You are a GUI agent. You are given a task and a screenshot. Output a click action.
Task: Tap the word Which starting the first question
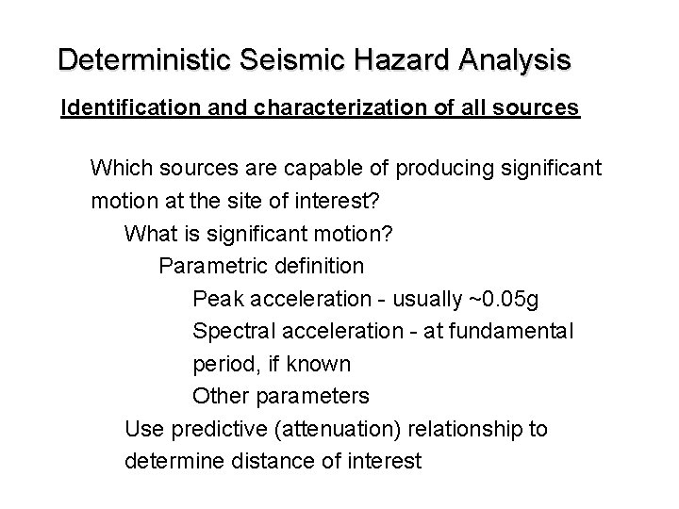120,169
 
